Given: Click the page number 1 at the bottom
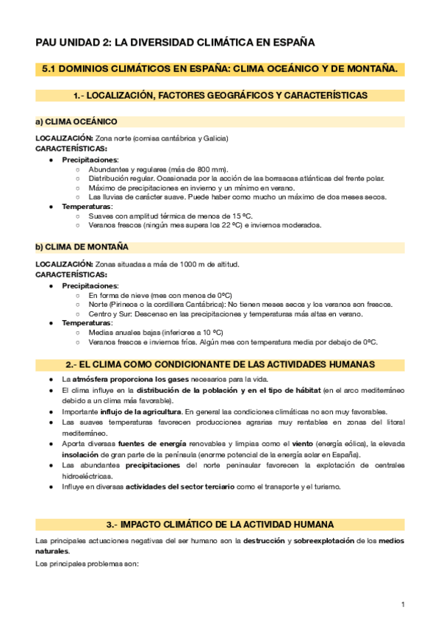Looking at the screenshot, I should point(403,604).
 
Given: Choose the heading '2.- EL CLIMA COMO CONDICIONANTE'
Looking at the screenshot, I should point(220,364).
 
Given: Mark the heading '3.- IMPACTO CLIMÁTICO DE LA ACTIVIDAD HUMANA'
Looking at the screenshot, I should point(220,524).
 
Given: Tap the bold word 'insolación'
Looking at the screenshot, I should point(82,455).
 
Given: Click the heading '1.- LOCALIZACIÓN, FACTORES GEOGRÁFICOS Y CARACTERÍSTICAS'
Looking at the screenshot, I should point(220,96).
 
